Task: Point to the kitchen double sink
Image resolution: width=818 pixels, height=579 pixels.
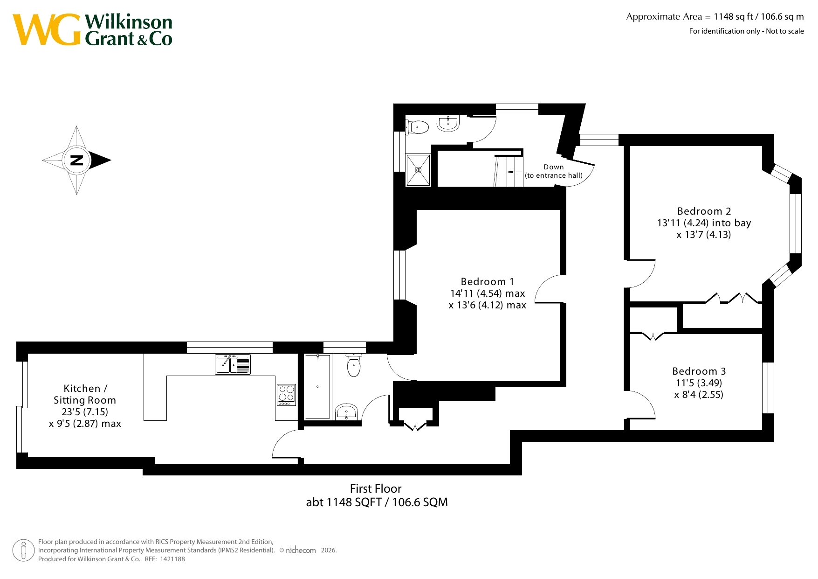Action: [x=233, y=364]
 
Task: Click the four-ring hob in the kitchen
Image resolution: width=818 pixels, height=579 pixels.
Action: [x=286, y=395]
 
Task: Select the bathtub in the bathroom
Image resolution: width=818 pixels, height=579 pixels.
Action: [x=317, y=386]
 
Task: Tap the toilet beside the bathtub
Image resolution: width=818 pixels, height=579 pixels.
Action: [x=354, y=365]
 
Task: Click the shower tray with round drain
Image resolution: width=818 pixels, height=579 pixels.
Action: [x=418, y=170]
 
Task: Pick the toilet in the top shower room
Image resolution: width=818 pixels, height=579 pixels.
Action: [x=417, y=127]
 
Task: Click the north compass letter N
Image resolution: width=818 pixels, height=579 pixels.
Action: [x=76, y=160]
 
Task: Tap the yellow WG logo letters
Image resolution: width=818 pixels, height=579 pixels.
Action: [x=47, y=30]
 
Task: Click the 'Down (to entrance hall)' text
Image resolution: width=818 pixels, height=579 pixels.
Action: [x=554, y=171]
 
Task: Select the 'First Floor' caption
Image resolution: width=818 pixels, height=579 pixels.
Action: [x=376, y=488]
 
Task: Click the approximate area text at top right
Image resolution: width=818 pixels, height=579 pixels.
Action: [x=715, y=17]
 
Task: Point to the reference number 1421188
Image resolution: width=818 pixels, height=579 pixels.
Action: [x=172, y=559]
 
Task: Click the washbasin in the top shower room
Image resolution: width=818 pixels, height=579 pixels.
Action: [x=448, y=123]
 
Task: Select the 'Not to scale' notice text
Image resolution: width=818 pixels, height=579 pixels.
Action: [x=785, y=31]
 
